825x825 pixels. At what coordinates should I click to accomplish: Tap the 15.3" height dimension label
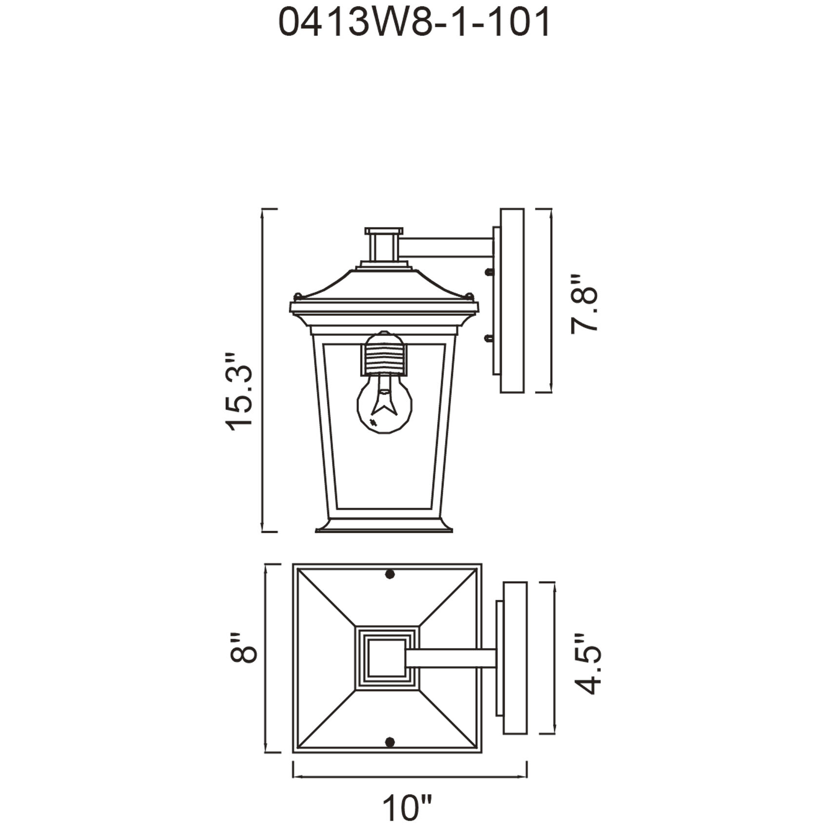tap(240, 392)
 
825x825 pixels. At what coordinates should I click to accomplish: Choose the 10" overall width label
tap(408, 807)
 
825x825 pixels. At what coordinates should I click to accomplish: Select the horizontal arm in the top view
tap(451, 658)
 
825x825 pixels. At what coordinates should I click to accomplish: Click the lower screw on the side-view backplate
tap(488, 337)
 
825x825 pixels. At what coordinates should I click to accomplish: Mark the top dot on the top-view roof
tap(390, 574)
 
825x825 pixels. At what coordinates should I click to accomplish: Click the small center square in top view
tap(386, 658)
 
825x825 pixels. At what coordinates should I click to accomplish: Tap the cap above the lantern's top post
tap(384, 231)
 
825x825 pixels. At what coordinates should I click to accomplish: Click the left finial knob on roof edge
tap(297, 295)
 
